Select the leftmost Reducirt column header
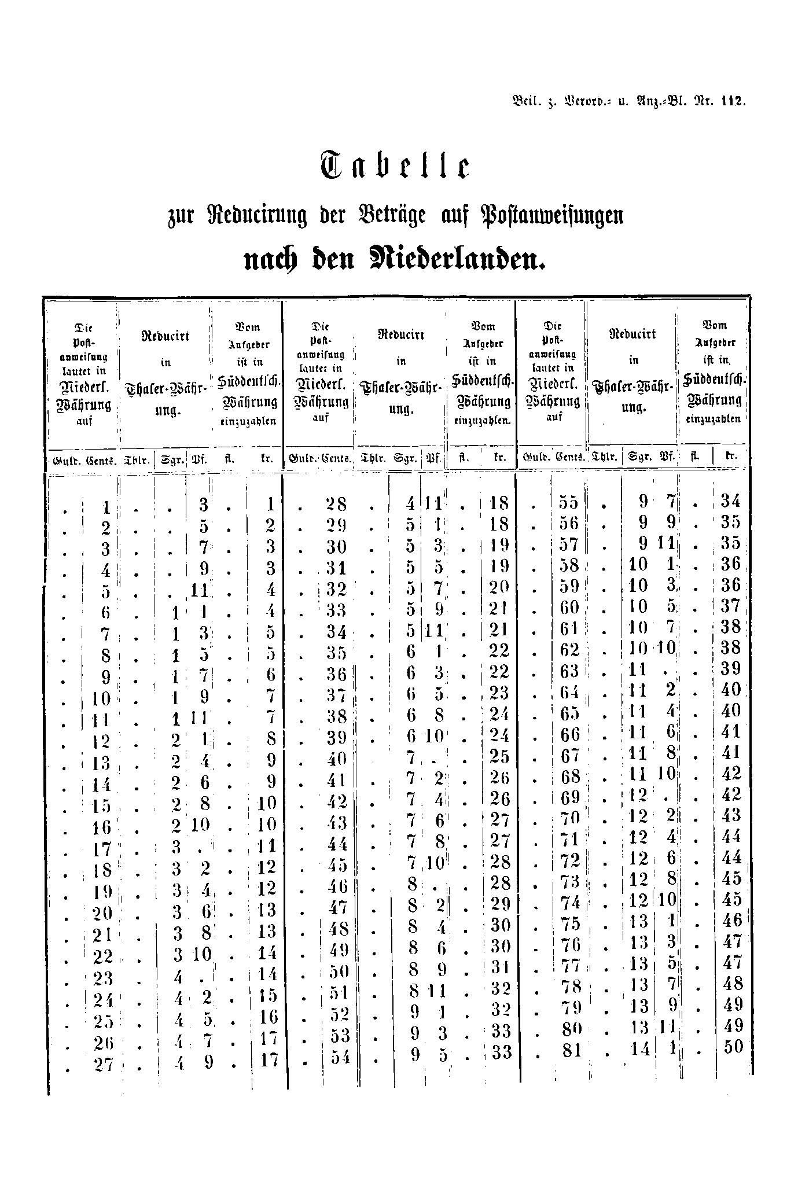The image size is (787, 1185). (166, 336)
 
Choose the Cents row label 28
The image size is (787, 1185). (336, 504)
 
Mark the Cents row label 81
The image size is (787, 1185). (571, 1050)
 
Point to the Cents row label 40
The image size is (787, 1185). (336, 757)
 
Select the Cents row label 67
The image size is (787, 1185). (570, 755)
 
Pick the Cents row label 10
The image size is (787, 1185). (101, 698)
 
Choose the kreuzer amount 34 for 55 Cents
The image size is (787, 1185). (730, 501)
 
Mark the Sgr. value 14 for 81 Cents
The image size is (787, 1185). (641, 1050)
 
